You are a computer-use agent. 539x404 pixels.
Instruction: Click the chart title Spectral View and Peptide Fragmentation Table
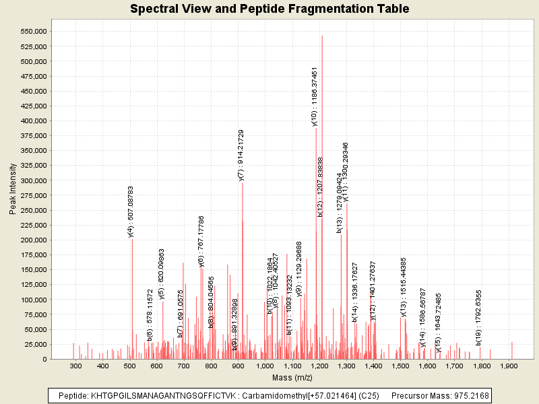(269, 9)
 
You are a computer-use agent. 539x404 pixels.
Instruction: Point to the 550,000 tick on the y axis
(32, 32)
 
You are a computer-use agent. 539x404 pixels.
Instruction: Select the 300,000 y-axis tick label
(32, 180)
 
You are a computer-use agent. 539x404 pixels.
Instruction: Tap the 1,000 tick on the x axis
(265, 366)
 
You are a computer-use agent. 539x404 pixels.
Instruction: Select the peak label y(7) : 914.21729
(241, 156)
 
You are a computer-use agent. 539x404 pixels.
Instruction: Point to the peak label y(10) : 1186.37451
(315, 96)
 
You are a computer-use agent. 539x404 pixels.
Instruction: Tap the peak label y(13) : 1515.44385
(404, 287)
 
